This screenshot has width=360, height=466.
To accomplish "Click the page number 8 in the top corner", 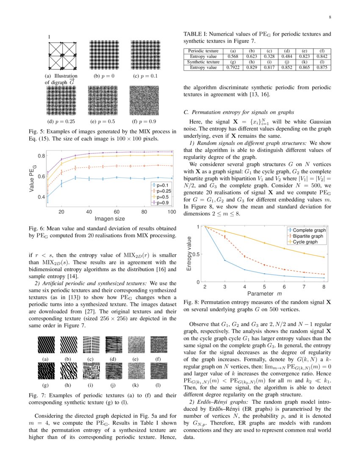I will point(329,17).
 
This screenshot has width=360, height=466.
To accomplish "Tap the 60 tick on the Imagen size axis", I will point(116,211).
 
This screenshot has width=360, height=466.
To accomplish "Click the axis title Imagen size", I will point(110,219).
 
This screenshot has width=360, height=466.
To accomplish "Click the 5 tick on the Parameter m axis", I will point(264,287).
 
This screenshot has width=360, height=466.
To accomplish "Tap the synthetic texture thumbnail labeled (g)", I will point(46,372).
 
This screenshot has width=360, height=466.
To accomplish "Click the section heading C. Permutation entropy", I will point(238,113).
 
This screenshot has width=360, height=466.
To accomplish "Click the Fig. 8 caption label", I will point(192,303).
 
